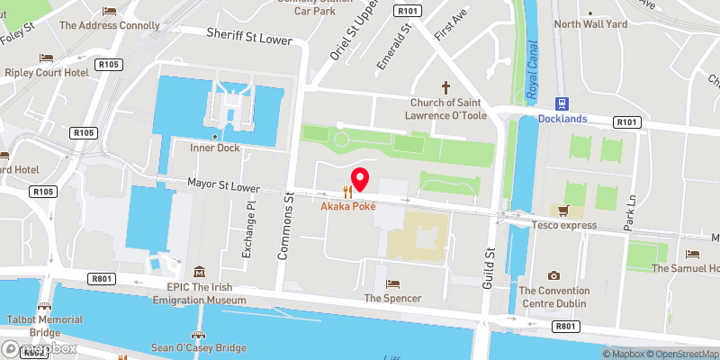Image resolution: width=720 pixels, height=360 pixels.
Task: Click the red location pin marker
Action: tap(360, 179)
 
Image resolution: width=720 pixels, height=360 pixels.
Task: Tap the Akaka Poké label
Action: tap(348, 207)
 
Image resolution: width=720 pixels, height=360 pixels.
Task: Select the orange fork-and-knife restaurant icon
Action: tap(347, 192)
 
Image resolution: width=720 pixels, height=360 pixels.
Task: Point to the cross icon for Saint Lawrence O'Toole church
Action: tap(445, 87)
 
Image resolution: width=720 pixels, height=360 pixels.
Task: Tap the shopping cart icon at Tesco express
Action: tap(564, 211)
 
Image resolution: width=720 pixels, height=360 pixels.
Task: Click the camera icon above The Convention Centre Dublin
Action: tap(553, 275)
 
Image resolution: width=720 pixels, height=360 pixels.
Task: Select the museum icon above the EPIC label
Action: tap(198, 272)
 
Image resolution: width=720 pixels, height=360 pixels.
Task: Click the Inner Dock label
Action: tap(213, 148)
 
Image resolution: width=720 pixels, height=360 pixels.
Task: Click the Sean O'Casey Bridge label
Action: tap(198, 347)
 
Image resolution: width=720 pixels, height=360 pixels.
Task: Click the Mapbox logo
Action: tap(37, 348)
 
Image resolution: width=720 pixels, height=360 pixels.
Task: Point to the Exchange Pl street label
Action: tap(250, 229)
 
